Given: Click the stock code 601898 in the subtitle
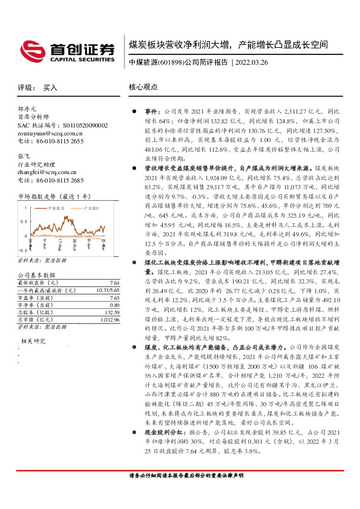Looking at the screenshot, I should (170, 62).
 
